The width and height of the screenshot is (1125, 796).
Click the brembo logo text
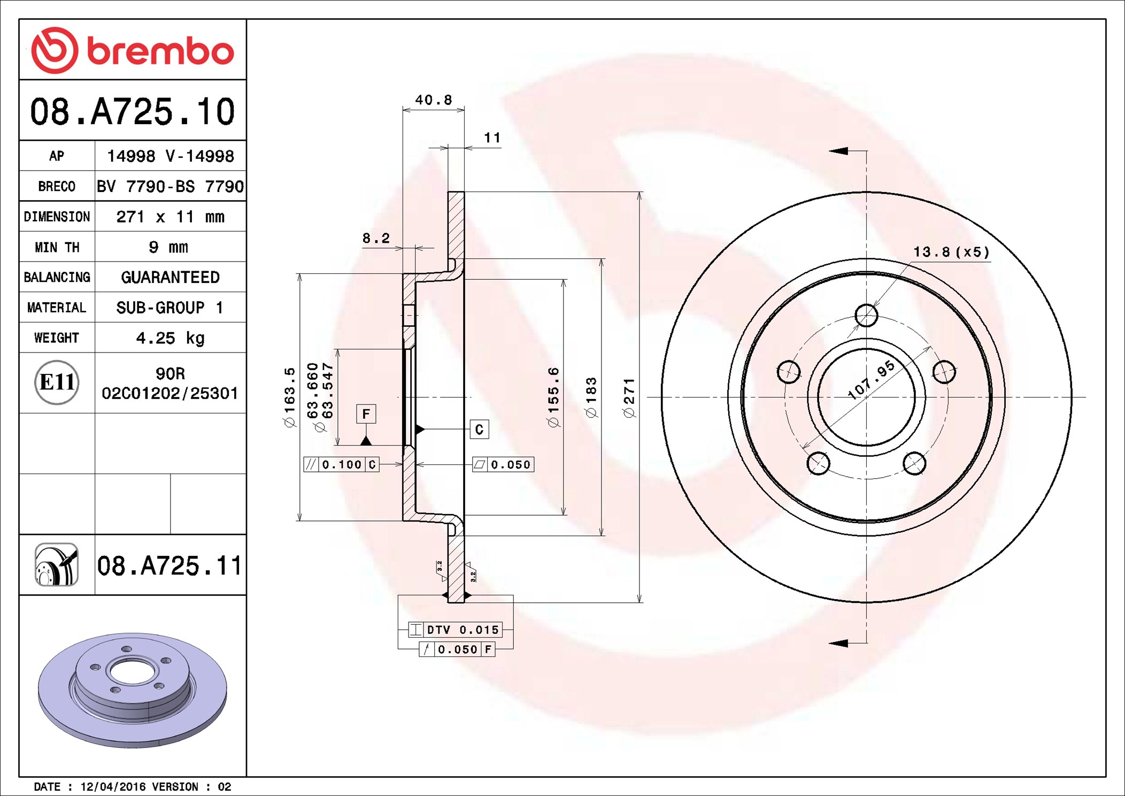(160, 51)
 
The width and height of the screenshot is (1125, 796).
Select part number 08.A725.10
(133, 111)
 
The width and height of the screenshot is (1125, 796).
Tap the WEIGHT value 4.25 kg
(170, 338)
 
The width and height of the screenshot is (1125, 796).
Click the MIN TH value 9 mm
(168, 247)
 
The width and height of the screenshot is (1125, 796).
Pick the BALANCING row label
(57, 277)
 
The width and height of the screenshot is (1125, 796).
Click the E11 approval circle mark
(57, 382)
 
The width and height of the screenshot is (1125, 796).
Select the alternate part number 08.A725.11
(169, 565)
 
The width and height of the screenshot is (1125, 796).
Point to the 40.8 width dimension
(434, 100)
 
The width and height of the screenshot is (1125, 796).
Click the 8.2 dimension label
(376, 238)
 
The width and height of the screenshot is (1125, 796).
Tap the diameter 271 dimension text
(629, 397)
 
